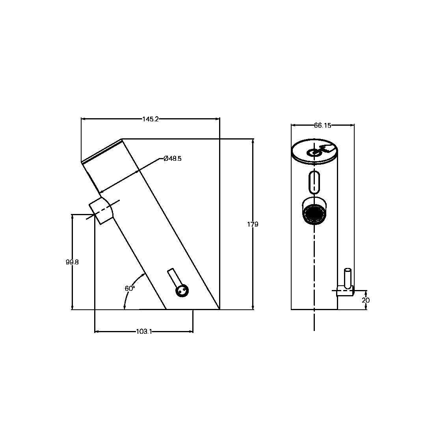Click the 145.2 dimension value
click(150, 119)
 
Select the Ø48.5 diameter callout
click(172, 158)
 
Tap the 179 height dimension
click(253, 224)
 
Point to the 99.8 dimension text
click(72, 262)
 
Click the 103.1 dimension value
click(144, 332)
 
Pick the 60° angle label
click(130, 288)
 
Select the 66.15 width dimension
click(322, 125)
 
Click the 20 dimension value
click(366, 300)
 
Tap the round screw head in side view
click(182, 291)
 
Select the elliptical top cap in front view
click(314, 151)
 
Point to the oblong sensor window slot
click(314, 182)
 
